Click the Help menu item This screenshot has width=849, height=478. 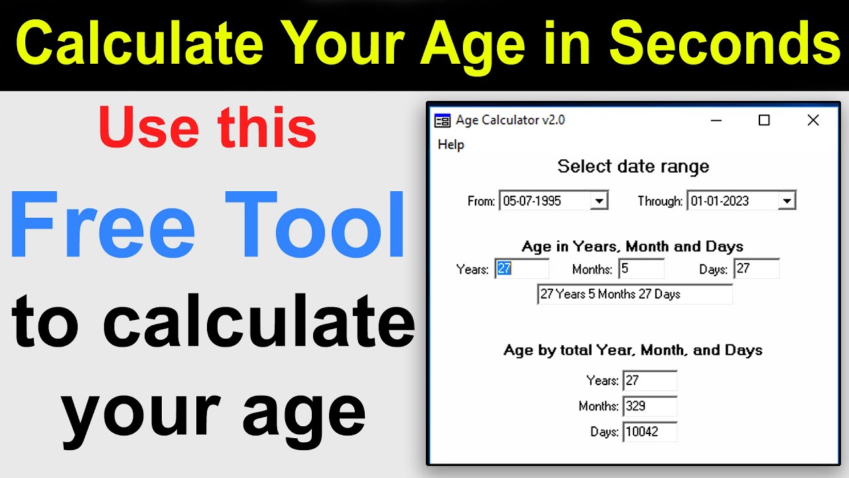[451, 145]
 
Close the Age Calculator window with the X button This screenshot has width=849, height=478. [813, 120]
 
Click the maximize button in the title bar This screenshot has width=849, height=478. [764, 120]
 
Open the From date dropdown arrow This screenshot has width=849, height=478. [599, 200]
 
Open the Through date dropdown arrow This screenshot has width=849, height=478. [787, 200]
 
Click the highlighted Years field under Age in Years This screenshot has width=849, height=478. [522, 269]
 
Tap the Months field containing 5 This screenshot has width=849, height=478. [641, 269]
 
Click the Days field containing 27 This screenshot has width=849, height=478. [757, 269]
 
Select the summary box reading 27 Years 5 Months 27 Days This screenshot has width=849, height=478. [635, 294]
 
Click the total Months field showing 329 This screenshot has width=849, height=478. [650, 406]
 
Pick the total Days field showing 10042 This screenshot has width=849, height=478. [650, 432]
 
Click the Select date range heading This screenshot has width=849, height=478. [633, 166]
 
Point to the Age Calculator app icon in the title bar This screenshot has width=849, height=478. [442, 120]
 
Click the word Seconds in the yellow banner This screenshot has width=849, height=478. [725, 44]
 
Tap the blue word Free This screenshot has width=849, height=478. [103, 226]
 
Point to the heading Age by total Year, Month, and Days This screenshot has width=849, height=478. [633, 350]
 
